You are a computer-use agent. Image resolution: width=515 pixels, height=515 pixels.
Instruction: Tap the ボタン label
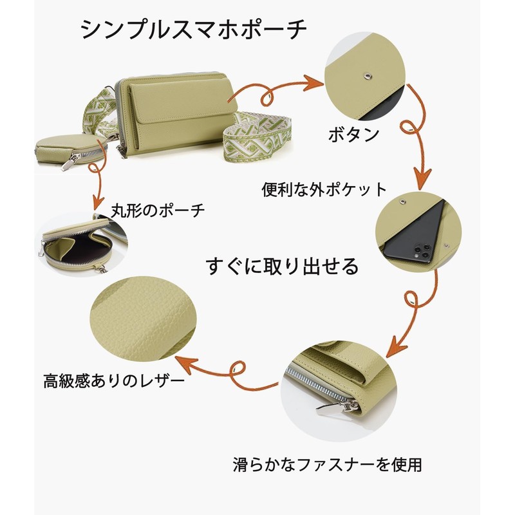353,136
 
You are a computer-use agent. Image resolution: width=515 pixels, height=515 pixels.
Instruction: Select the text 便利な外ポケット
324,189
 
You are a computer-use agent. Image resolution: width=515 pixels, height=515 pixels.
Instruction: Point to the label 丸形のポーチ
158,210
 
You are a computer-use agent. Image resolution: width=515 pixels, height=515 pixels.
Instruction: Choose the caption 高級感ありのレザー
114,380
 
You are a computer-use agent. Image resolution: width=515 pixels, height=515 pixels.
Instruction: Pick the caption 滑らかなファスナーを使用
326,463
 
